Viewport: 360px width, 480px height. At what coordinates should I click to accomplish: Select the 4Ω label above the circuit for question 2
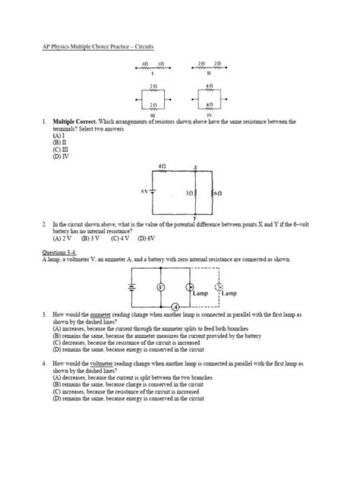pyautogui.click(x=163, y=164)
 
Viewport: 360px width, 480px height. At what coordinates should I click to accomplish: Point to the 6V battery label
pyautogui.click(x=146, y=191)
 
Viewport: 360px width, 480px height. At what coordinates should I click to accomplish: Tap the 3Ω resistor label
pyautogui.click(x=190, y=194)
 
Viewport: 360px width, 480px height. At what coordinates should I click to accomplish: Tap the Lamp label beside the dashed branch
pyautogui.click(x=231, y=293)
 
